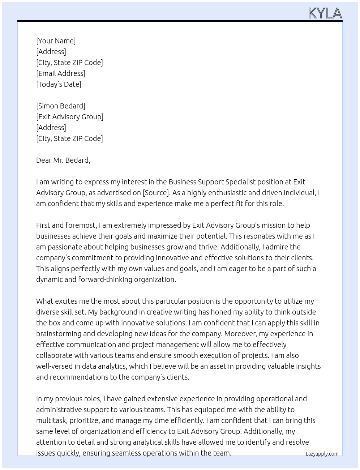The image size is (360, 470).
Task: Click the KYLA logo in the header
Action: coord(325,13)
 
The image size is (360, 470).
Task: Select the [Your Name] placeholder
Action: coord(56,41)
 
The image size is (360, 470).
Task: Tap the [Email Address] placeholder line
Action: coord(61,73)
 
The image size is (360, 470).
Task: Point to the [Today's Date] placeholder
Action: coord(59,84)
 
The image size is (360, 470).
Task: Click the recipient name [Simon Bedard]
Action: coord(61,106)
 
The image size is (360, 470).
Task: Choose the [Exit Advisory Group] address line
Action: coord(70,117)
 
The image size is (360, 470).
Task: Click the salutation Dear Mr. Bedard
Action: coord(63,160)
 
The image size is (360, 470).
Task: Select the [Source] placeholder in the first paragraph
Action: coord(156,193)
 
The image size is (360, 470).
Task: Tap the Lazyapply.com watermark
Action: coord(322,454)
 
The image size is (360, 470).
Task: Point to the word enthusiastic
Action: coord(225,193)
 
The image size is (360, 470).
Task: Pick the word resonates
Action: coord(262,236)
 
